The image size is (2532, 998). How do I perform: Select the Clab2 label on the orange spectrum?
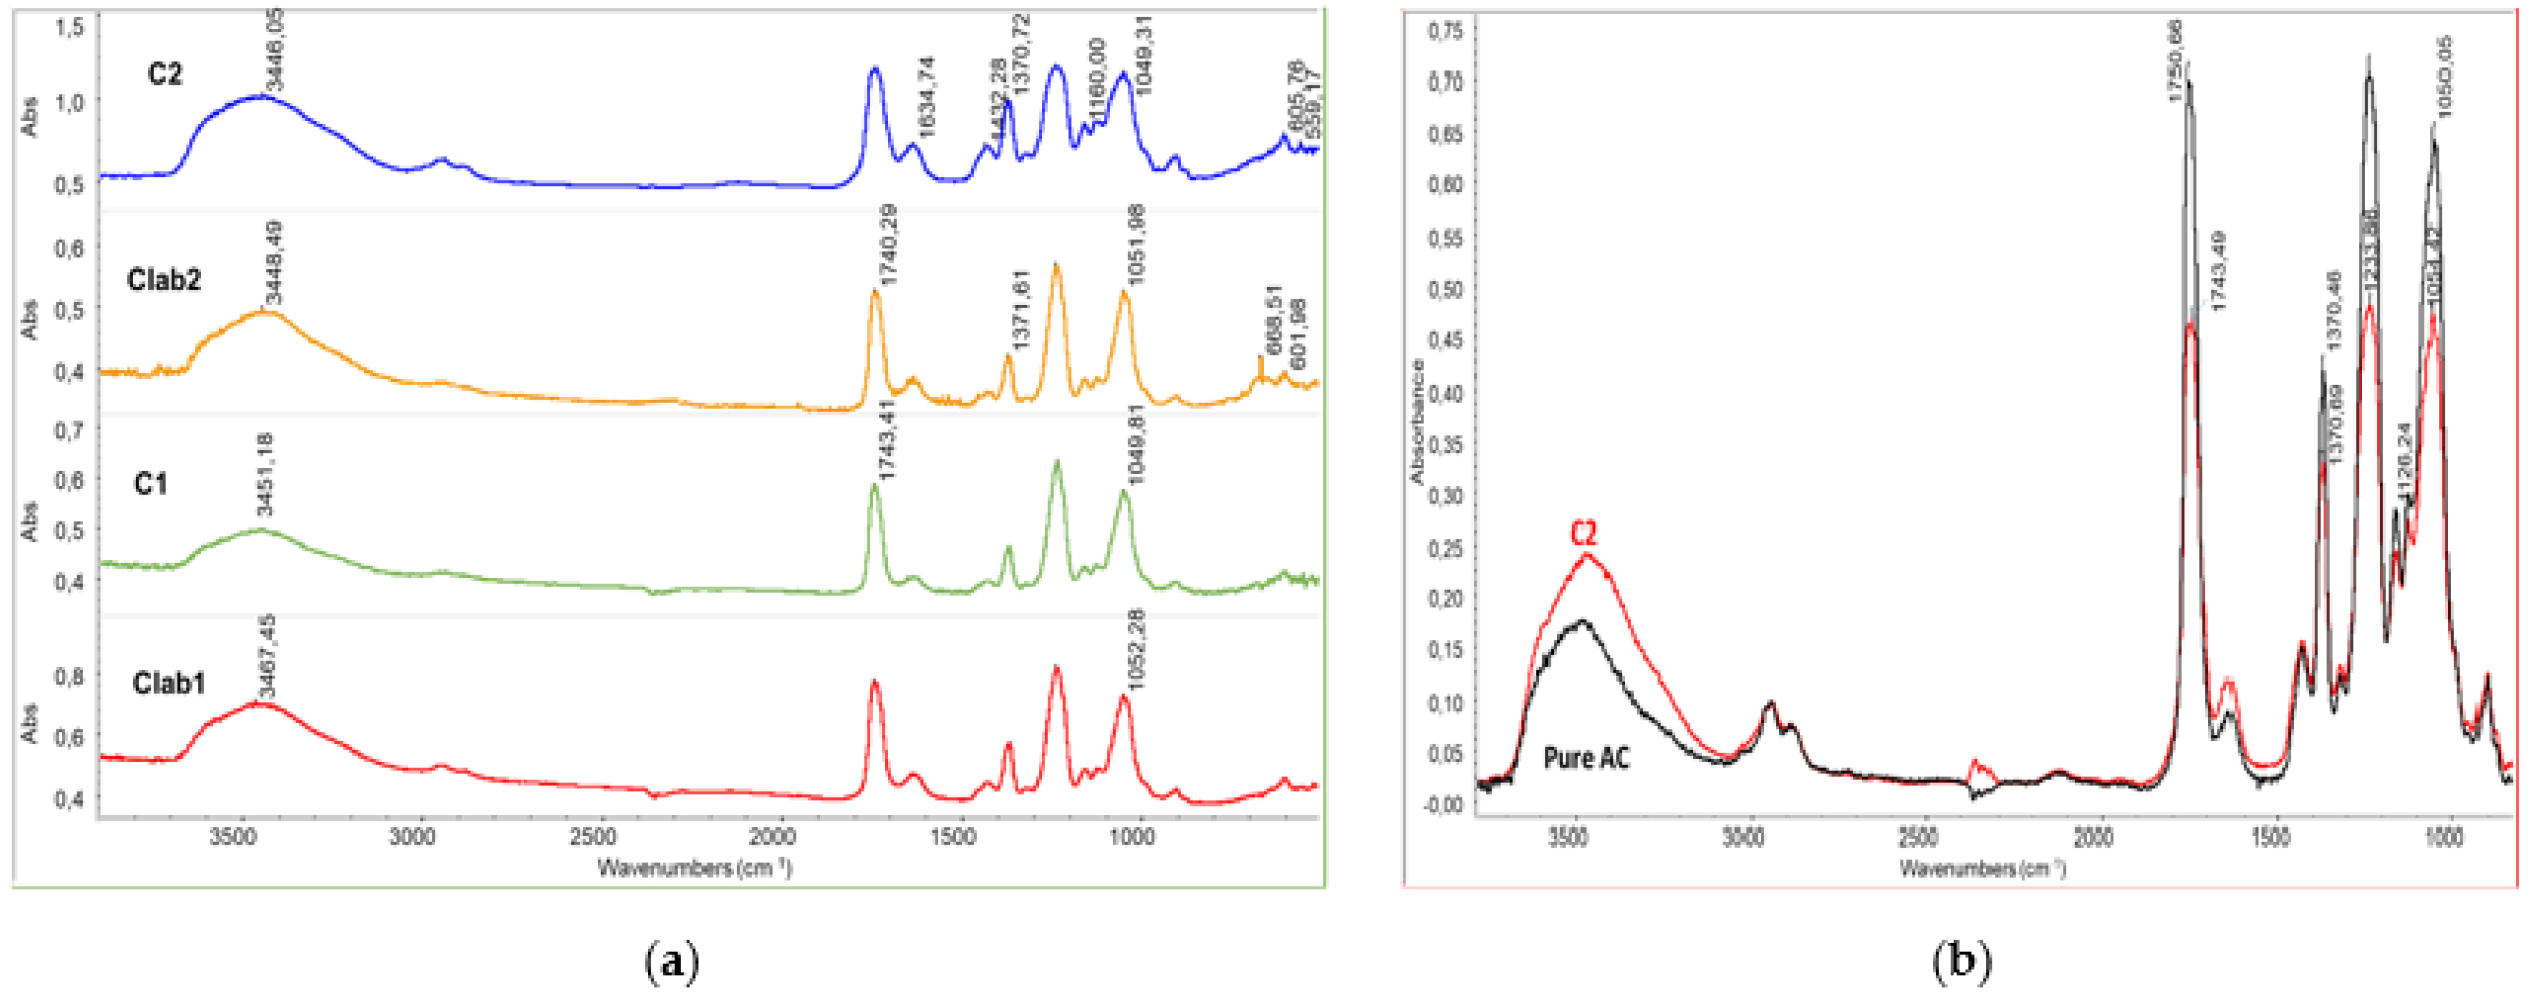pyautogui.click(x=164, y=280)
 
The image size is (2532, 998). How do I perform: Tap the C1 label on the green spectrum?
pyautogui.click(x=150, y=484)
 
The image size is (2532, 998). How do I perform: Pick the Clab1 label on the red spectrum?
pyautogui.click(x=169, y=682)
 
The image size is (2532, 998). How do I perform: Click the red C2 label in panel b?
pyautogui.click(x=1583, y=533)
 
